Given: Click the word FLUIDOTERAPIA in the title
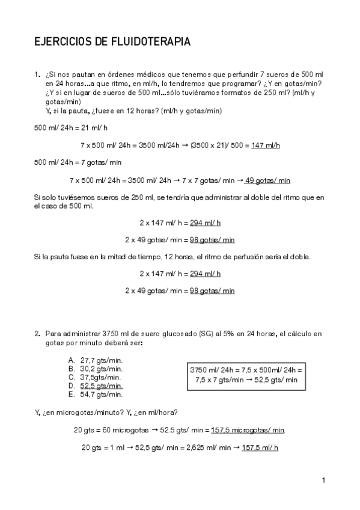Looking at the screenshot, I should pos(151,42).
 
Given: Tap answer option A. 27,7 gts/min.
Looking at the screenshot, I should pos(96,360).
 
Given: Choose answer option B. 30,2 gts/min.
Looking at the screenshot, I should pos(96,369).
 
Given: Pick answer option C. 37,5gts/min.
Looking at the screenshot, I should pos(96,377).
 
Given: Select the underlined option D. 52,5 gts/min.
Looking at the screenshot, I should pos(96,386).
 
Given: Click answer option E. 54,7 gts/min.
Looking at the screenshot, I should pos(96,395).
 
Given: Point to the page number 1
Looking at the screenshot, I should pos(323,480).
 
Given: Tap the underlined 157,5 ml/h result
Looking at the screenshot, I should pos(260,447).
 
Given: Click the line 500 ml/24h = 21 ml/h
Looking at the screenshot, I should pos(71,128).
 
